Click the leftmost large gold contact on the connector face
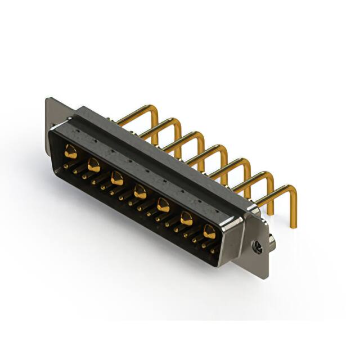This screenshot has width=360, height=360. pos(71,151)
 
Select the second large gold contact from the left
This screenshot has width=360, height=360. pos(94,165)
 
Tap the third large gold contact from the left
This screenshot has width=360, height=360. pos(117,179)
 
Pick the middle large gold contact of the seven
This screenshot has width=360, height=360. pos(139,192)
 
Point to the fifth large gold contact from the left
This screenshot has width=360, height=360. pos(163,205)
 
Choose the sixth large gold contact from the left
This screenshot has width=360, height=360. pos(186,219)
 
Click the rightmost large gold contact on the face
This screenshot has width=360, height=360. pos(209,231)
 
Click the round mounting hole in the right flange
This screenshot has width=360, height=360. pos(257,246)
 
